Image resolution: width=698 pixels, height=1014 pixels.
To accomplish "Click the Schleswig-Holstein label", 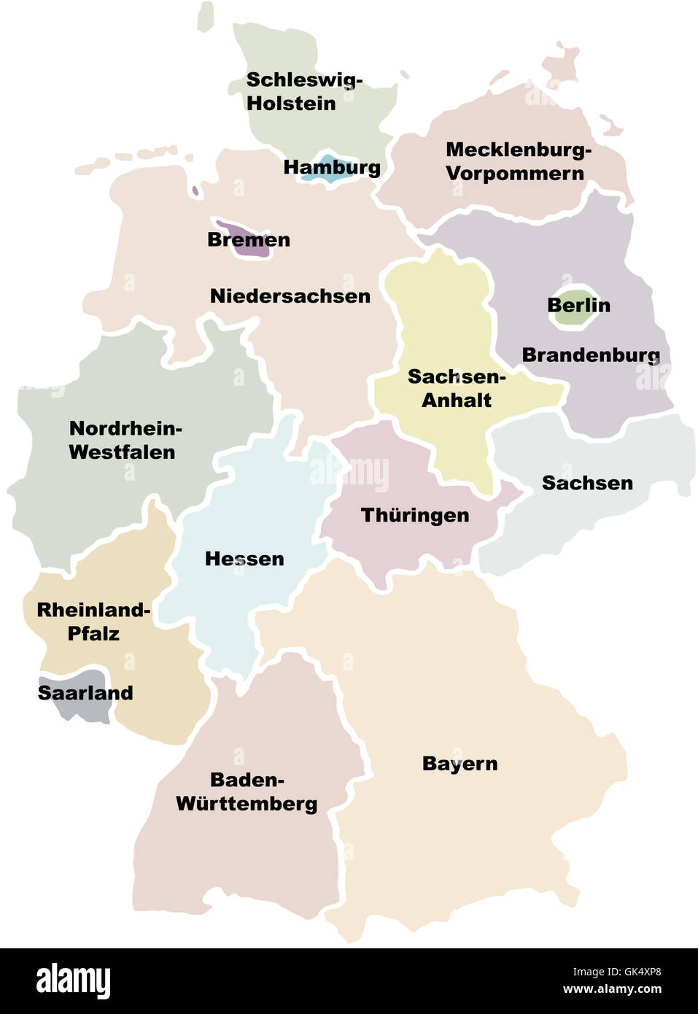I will coord(303,91).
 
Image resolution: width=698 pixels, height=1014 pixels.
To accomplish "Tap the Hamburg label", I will coord(332,167).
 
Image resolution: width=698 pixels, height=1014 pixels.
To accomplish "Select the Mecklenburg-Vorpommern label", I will coord(518,161).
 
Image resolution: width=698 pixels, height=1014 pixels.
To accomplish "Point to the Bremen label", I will coord(249,239).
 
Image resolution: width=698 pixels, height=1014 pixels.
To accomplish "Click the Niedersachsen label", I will coord(290,295).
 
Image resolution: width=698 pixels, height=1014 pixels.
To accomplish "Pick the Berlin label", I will coord(578,305).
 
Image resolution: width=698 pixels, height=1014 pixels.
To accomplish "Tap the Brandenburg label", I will coord(591,355).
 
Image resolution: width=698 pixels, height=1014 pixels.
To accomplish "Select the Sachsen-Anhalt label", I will coord(457,388).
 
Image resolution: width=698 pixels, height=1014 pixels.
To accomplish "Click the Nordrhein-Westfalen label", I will coord(124,440).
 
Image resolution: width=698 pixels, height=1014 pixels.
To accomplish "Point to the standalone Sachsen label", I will coord(587,483).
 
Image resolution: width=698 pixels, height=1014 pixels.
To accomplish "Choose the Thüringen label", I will coord(415,515).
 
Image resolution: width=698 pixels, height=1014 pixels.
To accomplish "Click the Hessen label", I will coord(244,559).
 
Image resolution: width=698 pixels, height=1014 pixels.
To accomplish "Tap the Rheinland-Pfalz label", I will coord(93,622).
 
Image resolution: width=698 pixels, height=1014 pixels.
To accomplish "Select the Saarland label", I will coord(85,692).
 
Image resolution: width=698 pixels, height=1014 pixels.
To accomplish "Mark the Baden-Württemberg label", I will coord(247,792).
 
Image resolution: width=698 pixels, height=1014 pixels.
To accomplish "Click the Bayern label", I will coord(459,764).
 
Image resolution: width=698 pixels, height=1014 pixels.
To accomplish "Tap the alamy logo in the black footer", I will coord(73,981).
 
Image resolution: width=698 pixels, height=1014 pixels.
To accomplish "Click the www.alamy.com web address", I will coord(612,989).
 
